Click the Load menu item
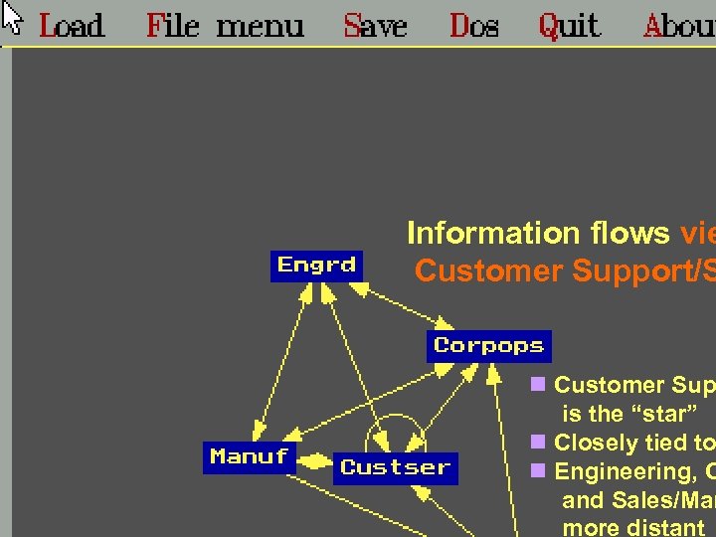click(x=71, y=25)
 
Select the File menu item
click(x=224, y=25)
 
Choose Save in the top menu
click(x=375, y=25)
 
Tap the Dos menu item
click(x=473, y=25)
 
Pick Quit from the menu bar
click(x=569, y=25)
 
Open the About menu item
click(x=679, y=25)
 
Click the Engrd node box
click(x=317, y=266)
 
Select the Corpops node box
click(x=489, y=346)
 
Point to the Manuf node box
click(x=250, y=457)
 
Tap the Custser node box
click(x=395, y=467)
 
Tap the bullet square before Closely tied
click(x=538, y=442)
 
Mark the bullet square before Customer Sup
click(x=538, y=384)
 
